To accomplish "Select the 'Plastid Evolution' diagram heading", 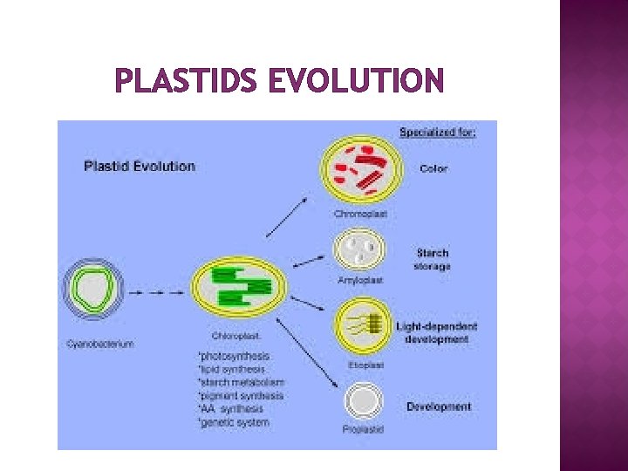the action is tap(140, 166).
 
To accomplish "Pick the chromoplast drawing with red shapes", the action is tap(361, 170).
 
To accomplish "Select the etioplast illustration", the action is tap(362, 325).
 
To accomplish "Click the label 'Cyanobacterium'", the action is tap(100, 344).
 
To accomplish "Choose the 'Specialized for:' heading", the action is tap(438, 133).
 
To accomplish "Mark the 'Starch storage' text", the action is tap(433, 260).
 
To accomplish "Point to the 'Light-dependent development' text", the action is tap(437, 332).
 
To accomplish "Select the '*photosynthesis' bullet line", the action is tap(235, 356).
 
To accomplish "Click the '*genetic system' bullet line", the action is tap(235, 422).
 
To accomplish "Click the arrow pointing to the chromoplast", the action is tap(286, 218).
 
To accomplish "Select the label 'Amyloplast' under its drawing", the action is tap(360, 281).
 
